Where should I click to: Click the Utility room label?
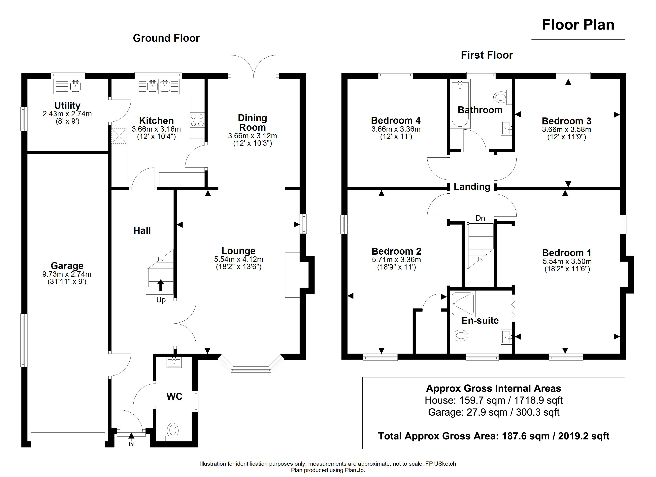pos(67,105)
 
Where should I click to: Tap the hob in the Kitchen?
pos(197,120)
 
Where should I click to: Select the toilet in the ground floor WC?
pos(173,430)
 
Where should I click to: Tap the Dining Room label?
pos(252,123)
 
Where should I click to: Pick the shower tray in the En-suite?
pos(463,304)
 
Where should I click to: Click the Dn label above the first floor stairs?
pos(480,218)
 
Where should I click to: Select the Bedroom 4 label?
pos(396,120)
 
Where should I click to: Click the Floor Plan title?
pos(578,25)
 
